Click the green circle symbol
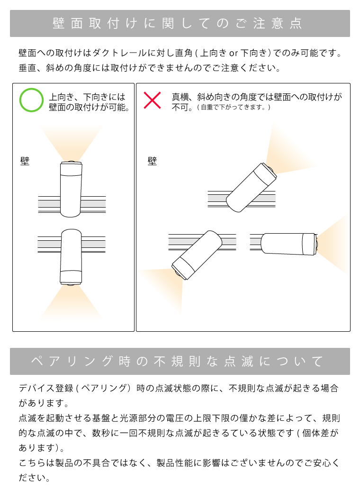click(x=32, y=100)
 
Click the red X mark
click(x=152, y=100)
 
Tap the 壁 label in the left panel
click(x=25, y=162)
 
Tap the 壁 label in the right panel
click(x=152, y=162)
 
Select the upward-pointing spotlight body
click(x=71, y=190)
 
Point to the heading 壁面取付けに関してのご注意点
click(x=180, y=24)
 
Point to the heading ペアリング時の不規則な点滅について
click(x=180, y=362)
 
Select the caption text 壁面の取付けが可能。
click(x=89, y=108)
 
